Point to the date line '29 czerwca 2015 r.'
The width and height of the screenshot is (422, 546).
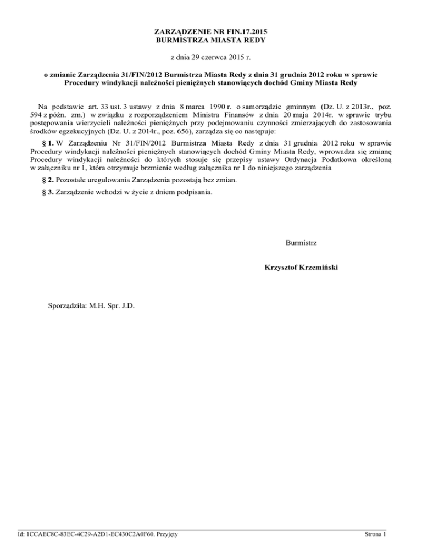210,57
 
